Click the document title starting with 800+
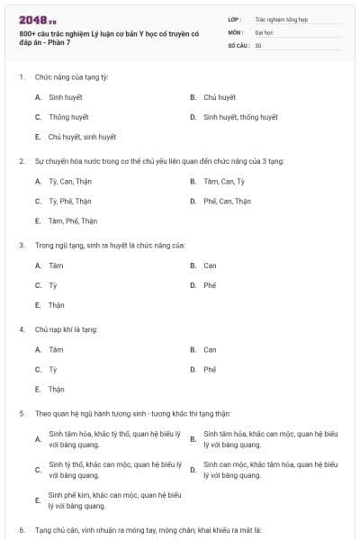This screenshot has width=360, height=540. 95,38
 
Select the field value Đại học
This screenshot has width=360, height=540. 264,31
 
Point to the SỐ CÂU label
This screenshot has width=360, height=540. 238,45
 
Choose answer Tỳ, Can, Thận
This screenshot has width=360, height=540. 70,181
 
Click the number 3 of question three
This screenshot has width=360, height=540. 21,245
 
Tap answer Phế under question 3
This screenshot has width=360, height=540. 210,285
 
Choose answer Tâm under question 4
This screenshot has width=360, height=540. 56,349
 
